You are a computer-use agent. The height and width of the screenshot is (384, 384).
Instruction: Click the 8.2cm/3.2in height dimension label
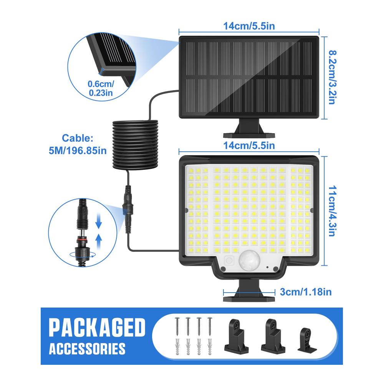click(x=332, y=78)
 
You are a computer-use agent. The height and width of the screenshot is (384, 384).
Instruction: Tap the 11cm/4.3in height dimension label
click(x=332, y=211)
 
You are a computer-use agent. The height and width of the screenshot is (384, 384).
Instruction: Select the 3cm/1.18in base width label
click(x=306, y=292)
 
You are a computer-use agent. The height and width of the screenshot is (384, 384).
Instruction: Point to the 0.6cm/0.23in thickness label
click(x=101, y=88)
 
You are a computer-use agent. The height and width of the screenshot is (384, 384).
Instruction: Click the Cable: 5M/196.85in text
click(x=78, y=144)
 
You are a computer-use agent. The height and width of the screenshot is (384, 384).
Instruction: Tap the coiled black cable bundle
click(x=135, y=144)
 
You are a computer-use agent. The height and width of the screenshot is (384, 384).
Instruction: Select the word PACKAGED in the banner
click(x=97, y=328)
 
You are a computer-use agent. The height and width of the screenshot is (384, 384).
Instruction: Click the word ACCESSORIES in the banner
click(x=87, y=349)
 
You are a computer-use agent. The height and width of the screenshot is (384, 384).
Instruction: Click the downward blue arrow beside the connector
click(x=98, y=221)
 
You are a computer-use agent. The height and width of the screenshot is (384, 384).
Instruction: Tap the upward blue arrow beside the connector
click(x=98, y=242)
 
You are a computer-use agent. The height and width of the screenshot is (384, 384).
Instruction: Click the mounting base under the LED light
click(x=249, y=291)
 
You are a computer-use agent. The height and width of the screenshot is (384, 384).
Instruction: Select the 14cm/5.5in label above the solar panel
click(x=249, y=26)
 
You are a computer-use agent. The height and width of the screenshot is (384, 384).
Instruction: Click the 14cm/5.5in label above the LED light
click(x=249, y=146)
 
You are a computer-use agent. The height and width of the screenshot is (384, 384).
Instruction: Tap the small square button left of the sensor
click(x=229, y=261)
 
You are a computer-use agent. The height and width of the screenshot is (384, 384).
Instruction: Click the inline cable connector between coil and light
click(x=128, y=209)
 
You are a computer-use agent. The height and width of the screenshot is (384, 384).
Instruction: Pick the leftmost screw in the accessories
click(x=177, y=326)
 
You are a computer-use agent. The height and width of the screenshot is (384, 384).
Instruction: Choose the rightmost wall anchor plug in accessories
click(x=210, y=346)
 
